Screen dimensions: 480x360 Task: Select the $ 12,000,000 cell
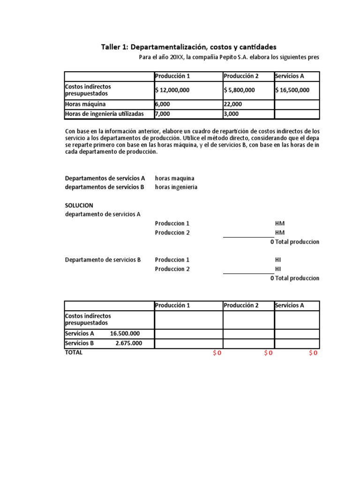172,90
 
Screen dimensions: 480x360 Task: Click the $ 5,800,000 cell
240,90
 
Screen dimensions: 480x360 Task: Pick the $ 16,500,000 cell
292,90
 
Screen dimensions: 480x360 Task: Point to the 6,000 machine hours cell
163,104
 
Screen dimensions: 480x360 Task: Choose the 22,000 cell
233,104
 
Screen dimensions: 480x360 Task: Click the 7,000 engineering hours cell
163,113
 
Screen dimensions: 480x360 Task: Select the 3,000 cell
231,113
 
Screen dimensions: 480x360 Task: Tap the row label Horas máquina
86,104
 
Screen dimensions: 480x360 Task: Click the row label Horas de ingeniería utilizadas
105,113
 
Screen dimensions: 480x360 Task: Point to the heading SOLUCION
79,205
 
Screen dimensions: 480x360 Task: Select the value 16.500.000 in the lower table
125,333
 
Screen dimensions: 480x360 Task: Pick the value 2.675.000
128,343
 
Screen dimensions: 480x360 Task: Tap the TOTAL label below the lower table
74,352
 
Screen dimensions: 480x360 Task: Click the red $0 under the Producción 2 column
268,353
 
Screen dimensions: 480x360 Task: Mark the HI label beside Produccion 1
278,260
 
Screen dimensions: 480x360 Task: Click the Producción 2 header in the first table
241,76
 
